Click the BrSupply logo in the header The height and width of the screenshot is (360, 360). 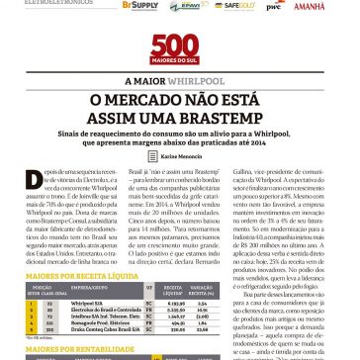point(139,5)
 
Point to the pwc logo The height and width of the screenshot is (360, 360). point(273,6)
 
